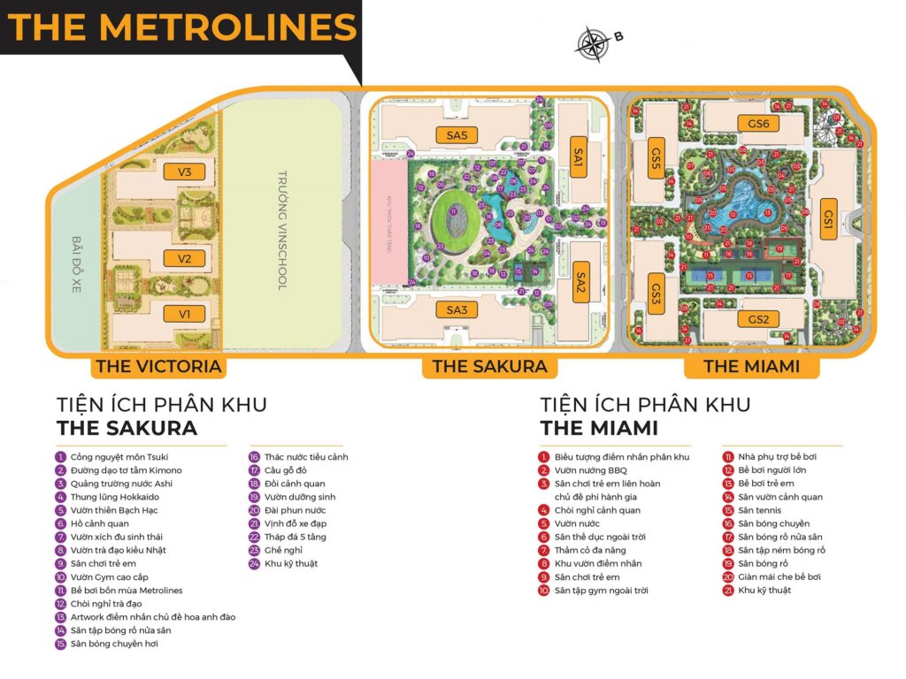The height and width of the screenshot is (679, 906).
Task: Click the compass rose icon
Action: click(590, 42)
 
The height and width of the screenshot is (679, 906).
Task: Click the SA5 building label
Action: click(457, 134)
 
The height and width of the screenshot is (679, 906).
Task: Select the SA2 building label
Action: click(580, 282)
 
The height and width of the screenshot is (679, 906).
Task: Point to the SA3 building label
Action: click(457, 309)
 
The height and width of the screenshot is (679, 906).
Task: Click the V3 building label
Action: click(185, 172)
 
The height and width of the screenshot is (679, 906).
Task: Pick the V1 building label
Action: click(185, 313)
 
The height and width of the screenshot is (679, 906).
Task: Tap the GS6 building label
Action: click(758, 124)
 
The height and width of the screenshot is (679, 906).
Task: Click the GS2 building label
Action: click(758, 319)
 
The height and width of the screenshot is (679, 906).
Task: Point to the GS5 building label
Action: click(656, 159)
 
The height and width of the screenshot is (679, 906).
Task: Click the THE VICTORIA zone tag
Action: click(157, 366)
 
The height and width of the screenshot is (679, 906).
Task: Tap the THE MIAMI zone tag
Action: click(751, 366)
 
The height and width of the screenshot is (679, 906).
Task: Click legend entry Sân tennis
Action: click(757, 510)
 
